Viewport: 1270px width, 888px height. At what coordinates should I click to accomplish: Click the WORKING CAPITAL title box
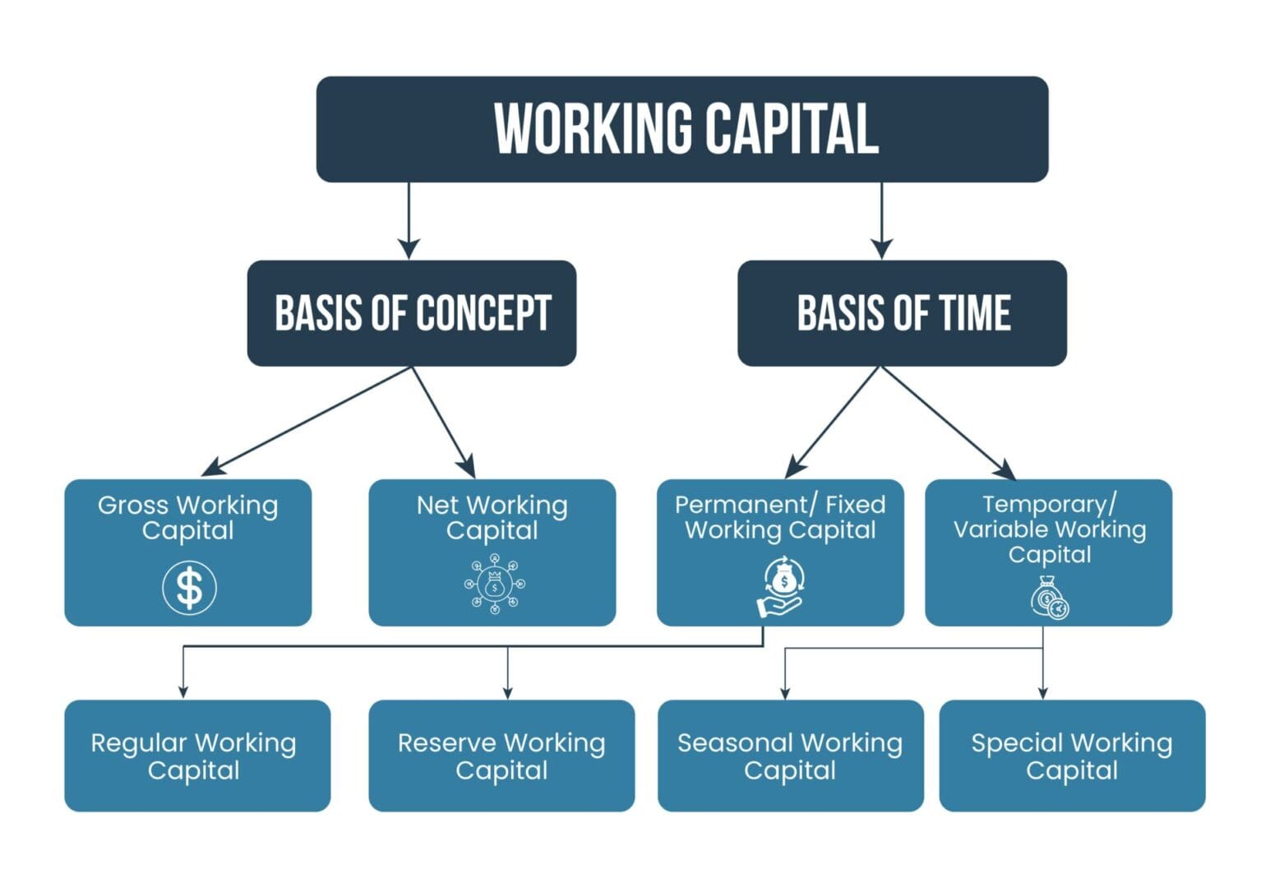pos(681,129)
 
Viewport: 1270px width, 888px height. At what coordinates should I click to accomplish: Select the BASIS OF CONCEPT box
pos(411,313)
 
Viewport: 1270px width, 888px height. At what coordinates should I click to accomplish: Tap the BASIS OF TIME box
pos(902,313)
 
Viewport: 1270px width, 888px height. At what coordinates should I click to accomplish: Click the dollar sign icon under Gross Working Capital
pos(189,587)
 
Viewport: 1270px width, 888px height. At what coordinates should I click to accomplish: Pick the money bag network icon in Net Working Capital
pos(494,585)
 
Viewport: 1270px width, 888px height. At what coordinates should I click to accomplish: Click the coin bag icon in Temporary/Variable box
pos(1050,598)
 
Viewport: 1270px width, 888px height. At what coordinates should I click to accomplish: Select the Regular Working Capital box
pos(197,756)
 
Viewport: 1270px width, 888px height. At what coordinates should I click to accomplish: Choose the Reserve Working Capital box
pos(501,756)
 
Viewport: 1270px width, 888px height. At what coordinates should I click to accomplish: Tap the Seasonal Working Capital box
pos(790,756)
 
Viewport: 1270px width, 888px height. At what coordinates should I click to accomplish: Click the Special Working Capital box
pos(1072,756)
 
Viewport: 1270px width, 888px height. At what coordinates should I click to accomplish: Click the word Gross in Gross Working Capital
pos(132,505)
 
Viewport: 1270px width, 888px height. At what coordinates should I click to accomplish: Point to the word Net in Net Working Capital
pos(437,505)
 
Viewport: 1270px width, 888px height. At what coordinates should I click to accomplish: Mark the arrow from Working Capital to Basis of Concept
pos(409,222)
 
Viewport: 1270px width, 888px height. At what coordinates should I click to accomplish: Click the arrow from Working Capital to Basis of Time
pos(881,222)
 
